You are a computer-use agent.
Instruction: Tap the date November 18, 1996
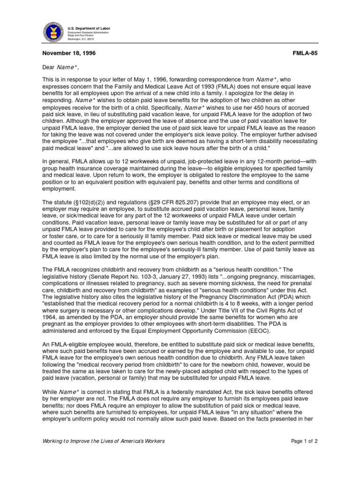pos(69,54)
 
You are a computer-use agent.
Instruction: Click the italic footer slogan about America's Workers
pos(104,442)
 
